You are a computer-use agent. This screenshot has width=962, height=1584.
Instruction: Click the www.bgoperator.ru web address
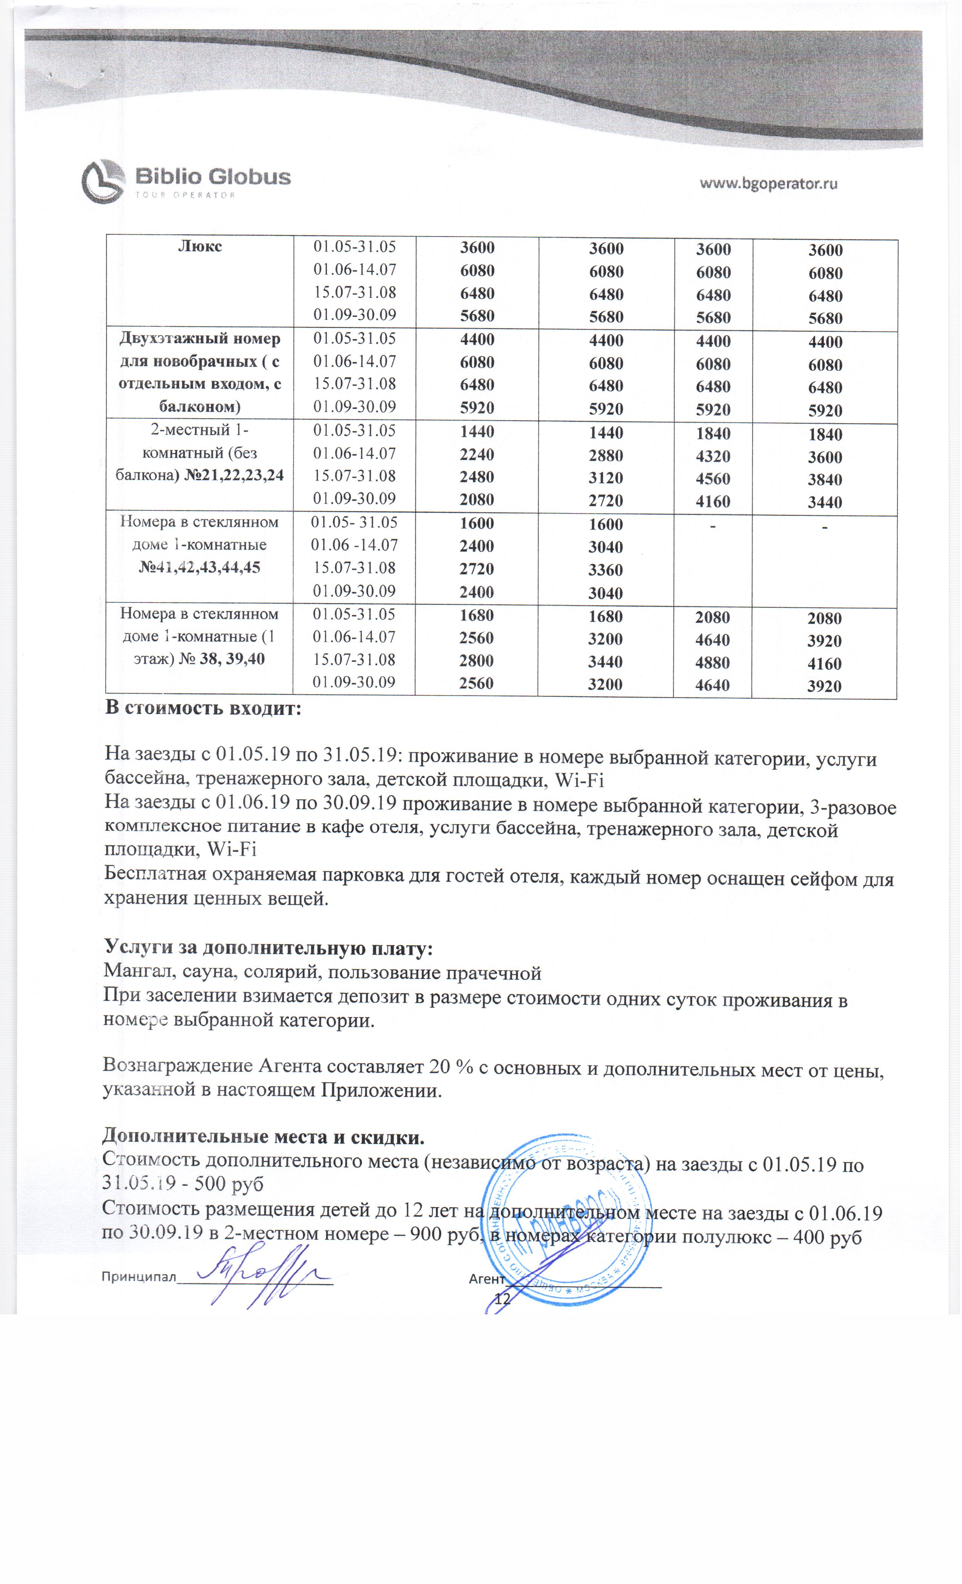(x=768, y=184)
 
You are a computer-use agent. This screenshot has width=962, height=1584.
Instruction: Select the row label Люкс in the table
(x=200, y=246)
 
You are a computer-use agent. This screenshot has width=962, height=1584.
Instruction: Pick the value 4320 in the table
(x=713, y=456)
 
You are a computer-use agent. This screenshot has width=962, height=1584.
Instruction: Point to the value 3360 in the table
(x=606, y=570)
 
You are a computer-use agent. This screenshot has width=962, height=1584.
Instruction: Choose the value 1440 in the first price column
(x=477, y=431)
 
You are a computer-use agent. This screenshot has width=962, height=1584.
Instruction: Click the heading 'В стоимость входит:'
(x=203, y=709)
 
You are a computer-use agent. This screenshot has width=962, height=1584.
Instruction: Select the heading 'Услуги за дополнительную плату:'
(x=268, y=948)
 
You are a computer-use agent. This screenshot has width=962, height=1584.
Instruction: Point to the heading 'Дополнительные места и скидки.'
(x=264, y=1137)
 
